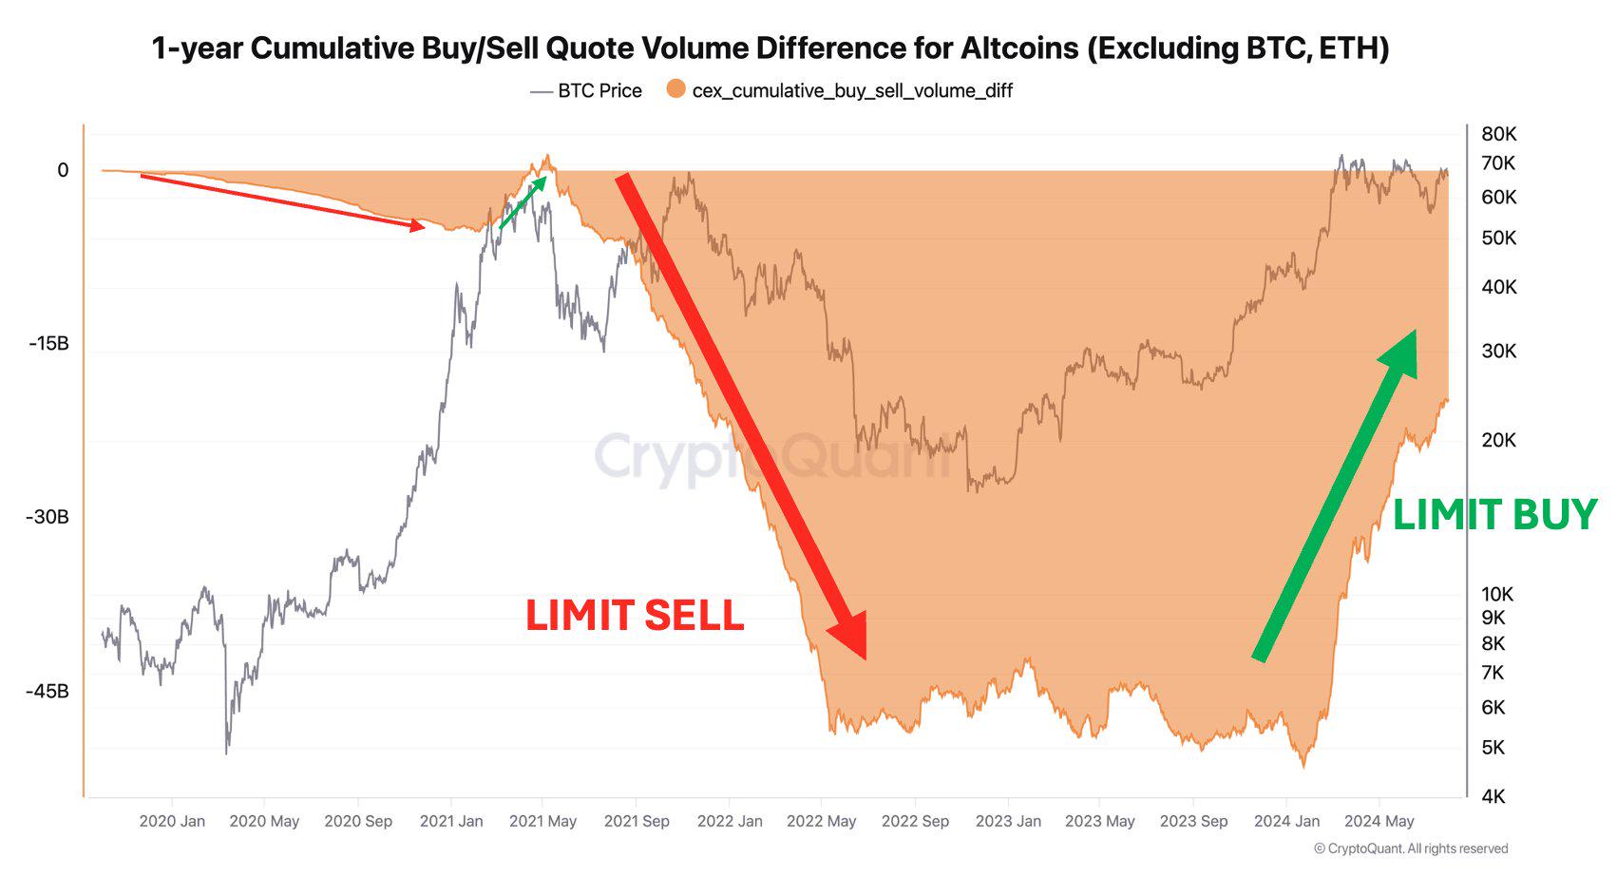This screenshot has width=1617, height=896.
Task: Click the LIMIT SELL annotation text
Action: [635, 616]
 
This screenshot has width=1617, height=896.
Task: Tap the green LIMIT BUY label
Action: [1494, 515]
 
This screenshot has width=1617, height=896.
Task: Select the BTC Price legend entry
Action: [586, 90]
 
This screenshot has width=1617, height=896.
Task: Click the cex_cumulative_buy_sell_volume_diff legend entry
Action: [840, 90]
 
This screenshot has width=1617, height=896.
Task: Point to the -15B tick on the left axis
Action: [48, 343]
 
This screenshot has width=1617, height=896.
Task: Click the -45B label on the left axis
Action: [48, 691]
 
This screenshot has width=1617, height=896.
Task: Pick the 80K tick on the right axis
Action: [1498, 134]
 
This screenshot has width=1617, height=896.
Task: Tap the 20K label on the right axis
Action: [1498, 440]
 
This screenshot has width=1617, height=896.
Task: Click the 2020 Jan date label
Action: [172, 821]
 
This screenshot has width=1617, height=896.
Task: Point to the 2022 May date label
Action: [821, 821]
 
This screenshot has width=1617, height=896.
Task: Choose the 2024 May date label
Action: [1379, 821]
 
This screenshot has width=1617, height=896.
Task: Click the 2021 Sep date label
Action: [637, 821]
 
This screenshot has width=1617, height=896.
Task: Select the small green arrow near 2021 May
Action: [524, 202]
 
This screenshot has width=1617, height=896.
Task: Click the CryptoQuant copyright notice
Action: [1411, 848]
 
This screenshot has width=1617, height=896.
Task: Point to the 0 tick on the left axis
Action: [63, 170]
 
